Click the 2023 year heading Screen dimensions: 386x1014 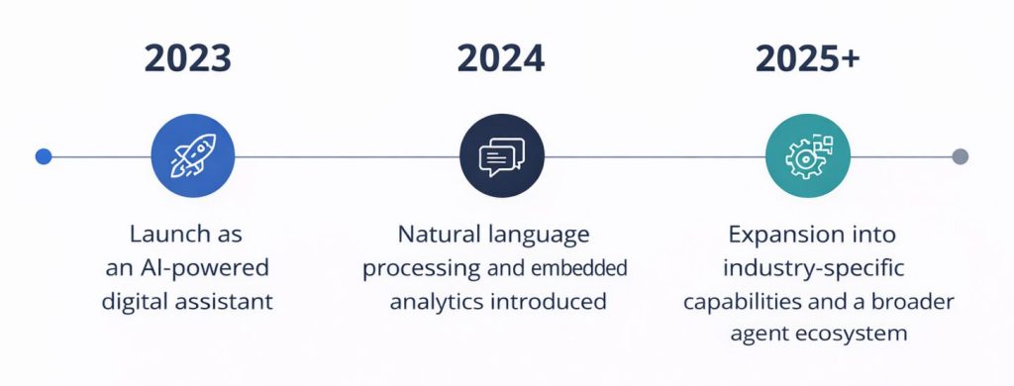coord(188,59)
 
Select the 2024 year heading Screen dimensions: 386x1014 coord(500,59)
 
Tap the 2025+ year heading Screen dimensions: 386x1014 coord(807,59)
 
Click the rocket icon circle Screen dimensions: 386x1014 coord(192,156)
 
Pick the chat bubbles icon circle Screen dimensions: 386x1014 coord(501,156)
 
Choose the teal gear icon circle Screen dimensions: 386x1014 coord(808,156)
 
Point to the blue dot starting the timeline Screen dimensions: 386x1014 coord(43,156)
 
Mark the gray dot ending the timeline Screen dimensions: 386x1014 coord(959,156)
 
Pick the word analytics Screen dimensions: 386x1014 coord(436,301)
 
